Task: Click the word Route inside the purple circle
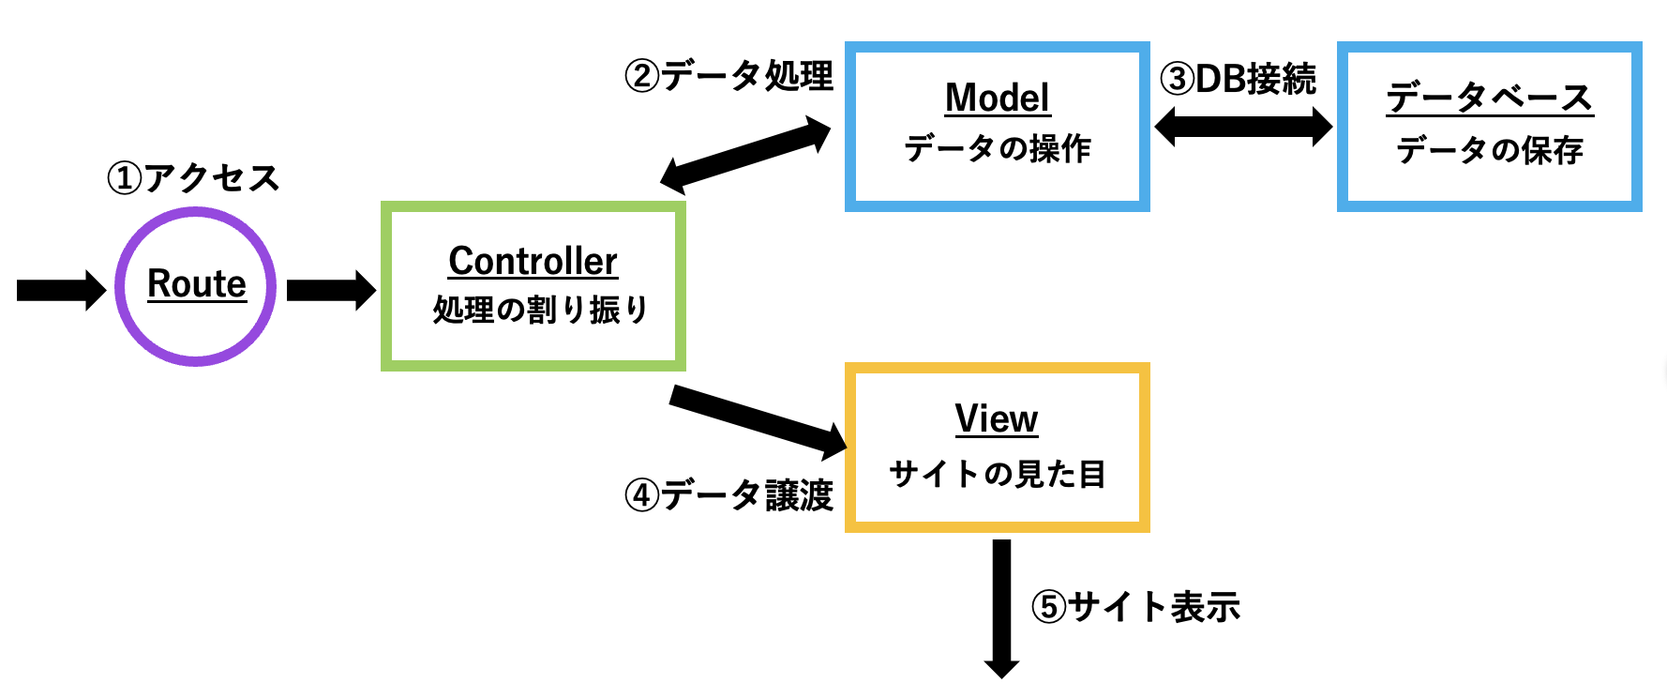click(196, 283)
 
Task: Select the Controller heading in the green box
click(533, 261)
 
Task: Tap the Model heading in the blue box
click(997, 98)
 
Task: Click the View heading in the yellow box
click(996, 418)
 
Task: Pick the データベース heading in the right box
click(1489, 98)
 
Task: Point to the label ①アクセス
click(193, 177)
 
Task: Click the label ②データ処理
click(728, 75)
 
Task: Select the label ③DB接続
click(1238, 79)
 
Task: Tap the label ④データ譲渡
click(728, 494)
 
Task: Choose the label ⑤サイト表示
click(1135, 606)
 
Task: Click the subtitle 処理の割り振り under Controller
click(540, 310)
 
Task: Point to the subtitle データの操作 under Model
click(997, 148)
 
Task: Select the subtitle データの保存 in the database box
click(1489, 150)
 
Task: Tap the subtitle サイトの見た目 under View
click(997, 474)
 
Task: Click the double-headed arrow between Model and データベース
click(1243, 127)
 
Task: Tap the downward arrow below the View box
click(1001, 606)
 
